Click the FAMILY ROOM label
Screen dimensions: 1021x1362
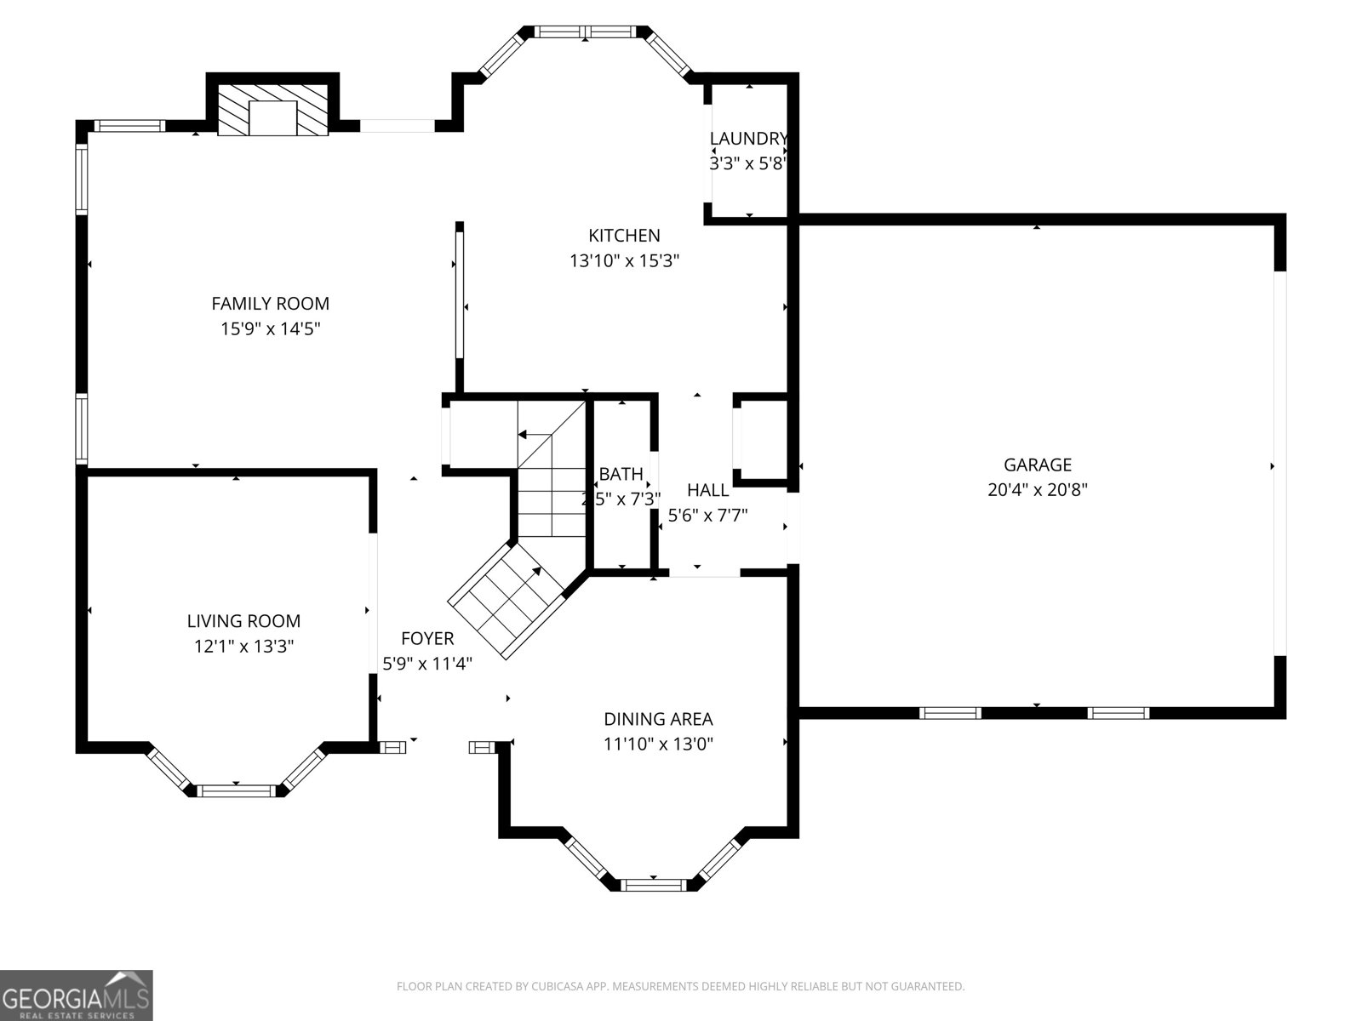[270, 303]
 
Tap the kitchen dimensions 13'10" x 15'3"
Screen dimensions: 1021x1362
[624, 260]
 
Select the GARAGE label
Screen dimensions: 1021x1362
[1037, 465]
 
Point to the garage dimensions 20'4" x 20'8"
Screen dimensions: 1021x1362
[1037, 489]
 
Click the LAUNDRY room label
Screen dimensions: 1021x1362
[748, 139]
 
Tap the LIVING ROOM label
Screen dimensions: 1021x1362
[243, 621]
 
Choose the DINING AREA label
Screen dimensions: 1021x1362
[658, 719]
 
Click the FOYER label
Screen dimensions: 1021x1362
[427, 638]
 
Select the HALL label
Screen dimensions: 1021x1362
[707, 490]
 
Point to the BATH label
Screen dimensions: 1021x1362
[621, 474]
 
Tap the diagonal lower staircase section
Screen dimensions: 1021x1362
[507, 600]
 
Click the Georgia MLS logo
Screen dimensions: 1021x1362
[76, 995]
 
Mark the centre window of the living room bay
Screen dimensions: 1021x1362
[236, 790]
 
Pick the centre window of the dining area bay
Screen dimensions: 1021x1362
[653, 885]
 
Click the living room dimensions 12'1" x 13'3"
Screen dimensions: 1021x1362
[243, 646]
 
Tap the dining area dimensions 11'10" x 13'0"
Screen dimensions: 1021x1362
[658, 744]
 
